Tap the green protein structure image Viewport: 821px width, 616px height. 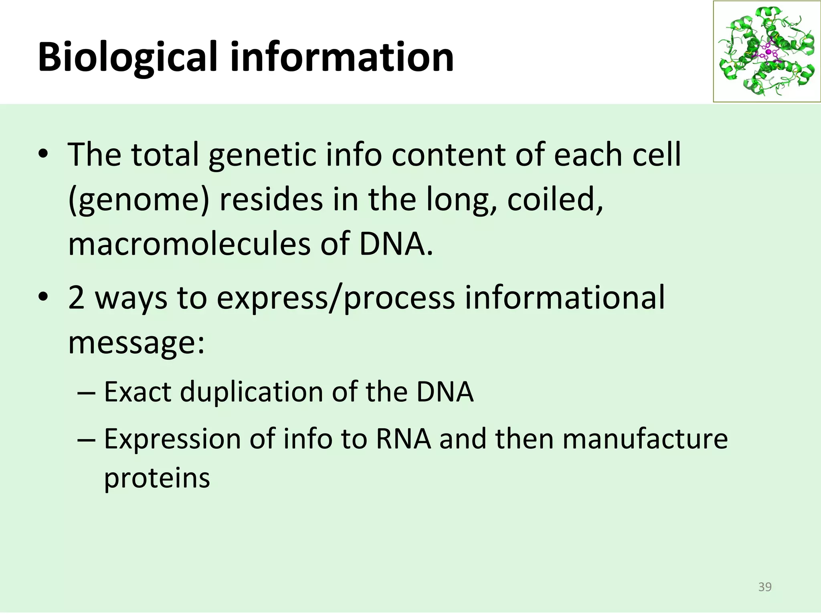click(x=766, y=51)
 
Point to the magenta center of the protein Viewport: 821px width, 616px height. click(x=768, y=52)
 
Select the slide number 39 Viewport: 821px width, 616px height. click(x=765, y=587)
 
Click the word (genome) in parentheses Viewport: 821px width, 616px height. click(x=139, y=200)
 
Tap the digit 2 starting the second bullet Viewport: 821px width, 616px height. click(x=76, y=298)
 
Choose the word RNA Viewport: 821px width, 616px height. click(x=403, y=439)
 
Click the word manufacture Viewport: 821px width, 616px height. click(x=645, y=439)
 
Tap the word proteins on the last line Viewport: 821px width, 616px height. click(x=157, y=478)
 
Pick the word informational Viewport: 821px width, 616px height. click(x=564, y=298)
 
